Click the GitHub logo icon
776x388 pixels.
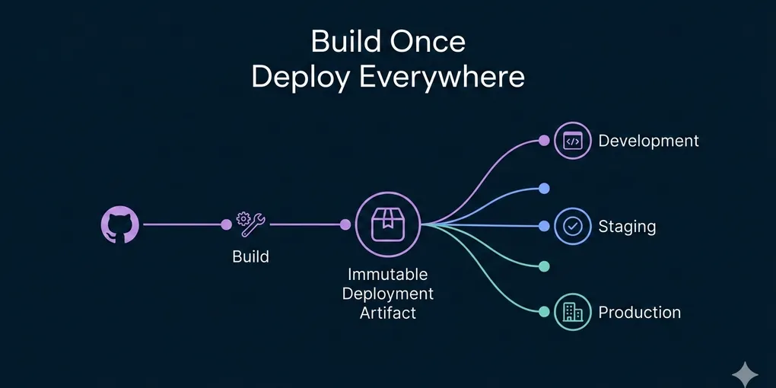point(120,225)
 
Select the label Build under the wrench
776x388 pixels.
point(250,256)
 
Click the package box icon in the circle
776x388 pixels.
point(387,224)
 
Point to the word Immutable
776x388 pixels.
point(387,274)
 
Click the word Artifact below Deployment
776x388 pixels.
point(387,313)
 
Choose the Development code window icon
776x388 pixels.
point(572,141)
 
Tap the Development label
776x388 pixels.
point(648,141)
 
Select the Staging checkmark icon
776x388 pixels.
point(572,226)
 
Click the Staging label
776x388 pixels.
point(627,227)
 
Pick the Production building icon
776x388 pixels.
point(572,312)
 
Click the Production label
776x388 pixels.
point(639,313)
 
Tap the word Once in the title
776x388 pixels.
point(428,41)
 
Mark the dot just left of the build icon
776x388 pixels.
point(226,224)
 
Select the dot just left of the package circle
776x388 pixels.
point(345,224)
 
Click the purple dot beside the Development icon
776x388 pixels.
point(544,140)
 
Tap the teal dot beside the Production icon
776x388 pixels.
point(544,312)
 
